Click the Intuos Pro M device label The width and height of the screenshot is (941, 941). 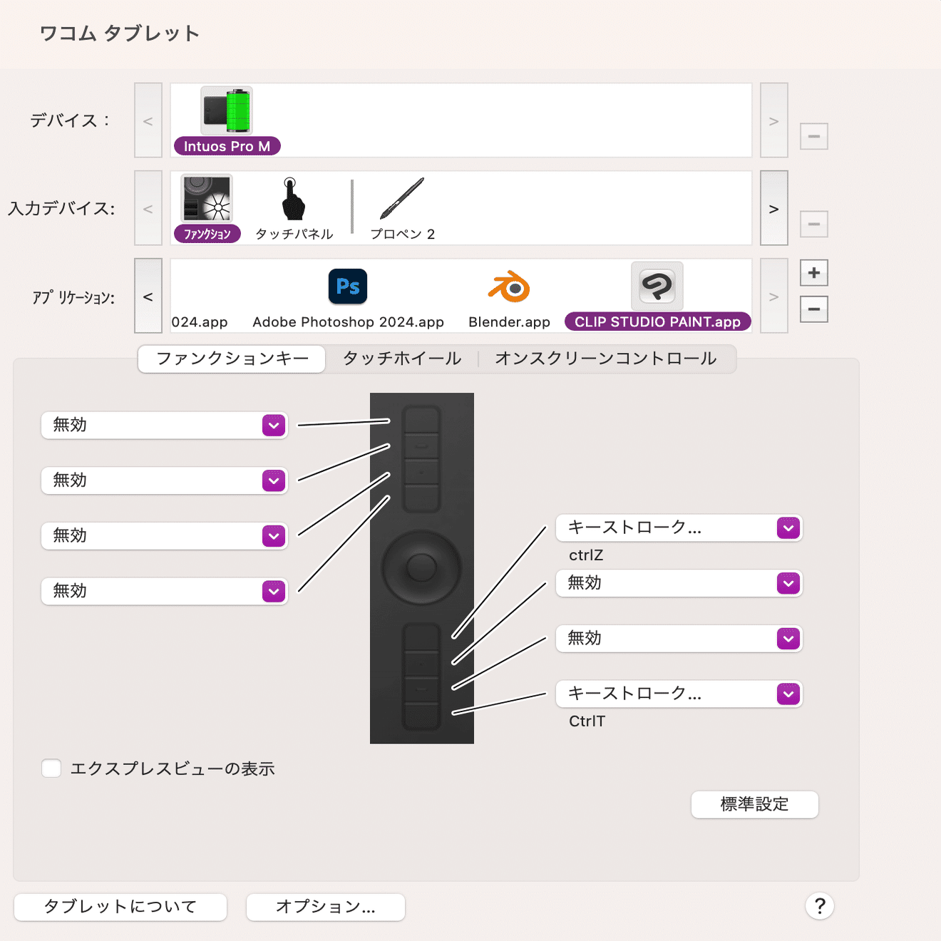[227, 146]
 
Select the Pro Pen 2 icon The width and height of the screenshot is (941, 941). [402, 199]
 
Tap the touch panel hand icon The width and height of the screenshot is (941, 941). [292, 199]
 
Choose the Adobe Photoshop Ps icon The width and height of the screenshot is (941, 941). [348, 287]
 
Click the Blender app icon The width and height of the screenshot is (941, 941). [509, 287]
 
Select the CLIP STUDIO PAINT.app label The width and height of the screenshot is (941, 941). [657, 322]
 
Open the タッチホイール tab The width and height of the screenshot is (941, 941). [402, 359]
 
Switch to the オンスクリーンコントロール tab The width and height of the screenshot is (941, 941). [605, 359]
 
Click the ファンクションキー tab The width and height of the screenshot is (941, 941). [232, 359]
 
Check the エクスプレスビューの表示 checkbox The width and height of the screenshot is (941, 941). [51, 768]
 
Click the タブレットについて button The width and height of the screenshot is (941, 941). [120, 907]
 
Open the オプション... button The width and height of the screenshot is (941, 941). [326, 907]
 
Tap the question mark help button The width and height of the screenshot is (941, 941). [820, 906]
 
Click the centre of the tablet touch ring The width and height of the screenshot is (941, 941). [421, 568]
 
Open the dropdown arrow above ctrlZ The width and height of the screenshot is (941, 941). [788, 528]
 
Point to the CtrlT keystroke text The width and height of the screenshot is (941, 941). [587, 721]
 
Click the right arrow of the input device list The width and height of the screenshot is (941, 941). [773, 209]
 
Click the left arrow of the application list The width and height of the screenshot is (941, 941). [148, 297]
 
